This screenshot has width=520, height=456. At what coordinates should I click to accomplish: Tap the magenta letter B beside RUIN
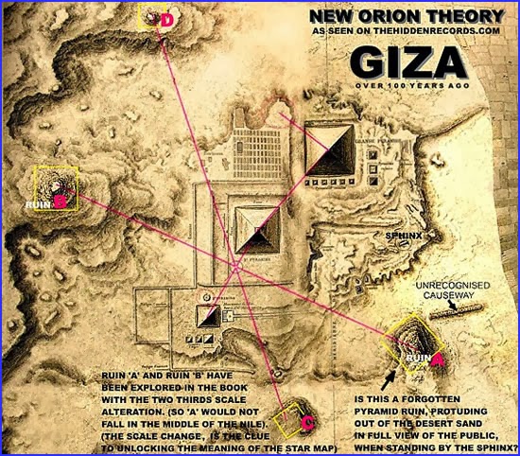[x=59, y=201]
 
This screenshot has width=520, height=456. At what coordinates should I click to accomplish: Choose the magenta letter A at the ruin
[x=438, y=360]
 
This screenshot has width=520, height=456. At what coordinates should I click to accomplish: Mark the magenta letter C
[x=308, y=420]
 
